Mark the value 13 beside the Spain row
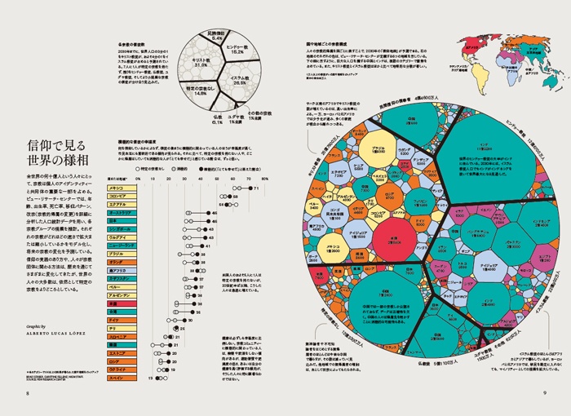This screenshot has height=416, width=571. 149,379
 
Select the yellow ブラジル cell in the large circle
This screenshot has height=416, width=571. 377,150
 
